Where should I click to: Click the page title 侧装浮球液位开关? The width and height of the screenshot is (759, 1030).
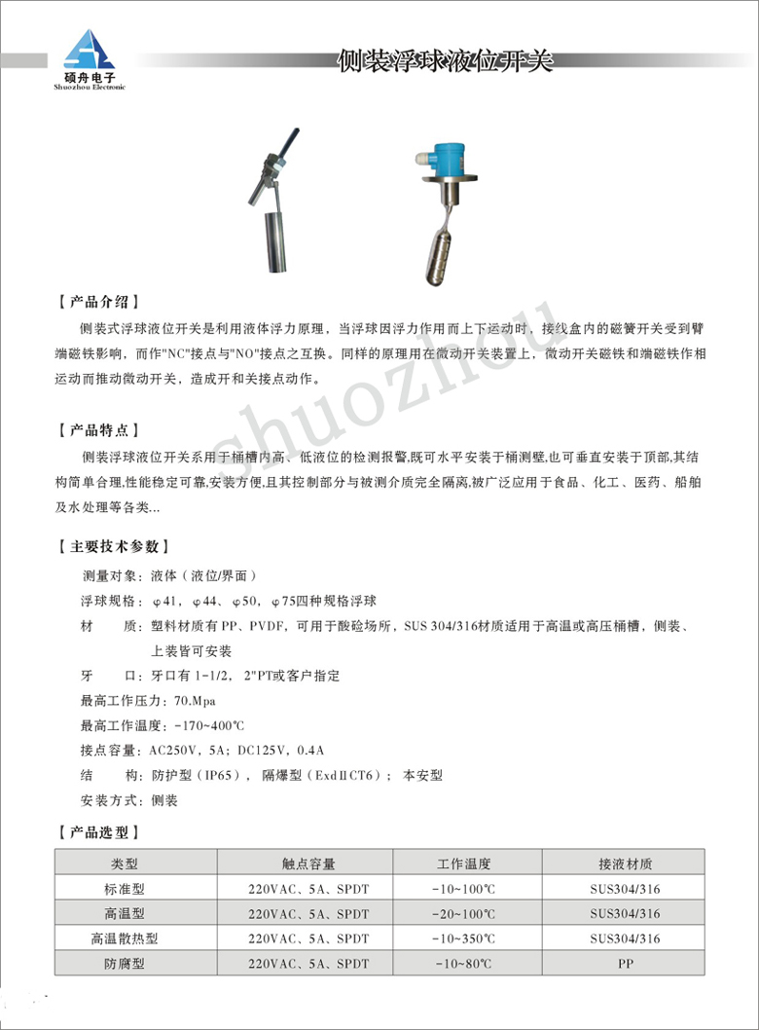click(x=444, y=62)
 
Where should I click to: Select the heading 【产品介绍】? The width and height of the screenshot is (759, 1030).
click(x=99, y=300)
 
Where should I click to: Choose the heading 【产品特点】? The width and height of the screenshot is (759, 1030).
click(x=99, y=429)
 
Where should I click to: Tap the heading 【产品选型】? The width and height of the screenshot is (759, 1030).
click(x=99, y=832)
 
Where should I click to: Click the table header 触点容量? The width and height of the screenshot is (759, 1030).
click(x=308, y=864)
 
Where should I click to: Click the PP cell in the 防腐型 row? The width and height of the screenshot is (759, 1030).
click(x=625, y=965)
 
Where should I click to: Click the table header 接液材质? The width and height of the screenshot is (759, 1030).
click(x=625, y=864)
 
